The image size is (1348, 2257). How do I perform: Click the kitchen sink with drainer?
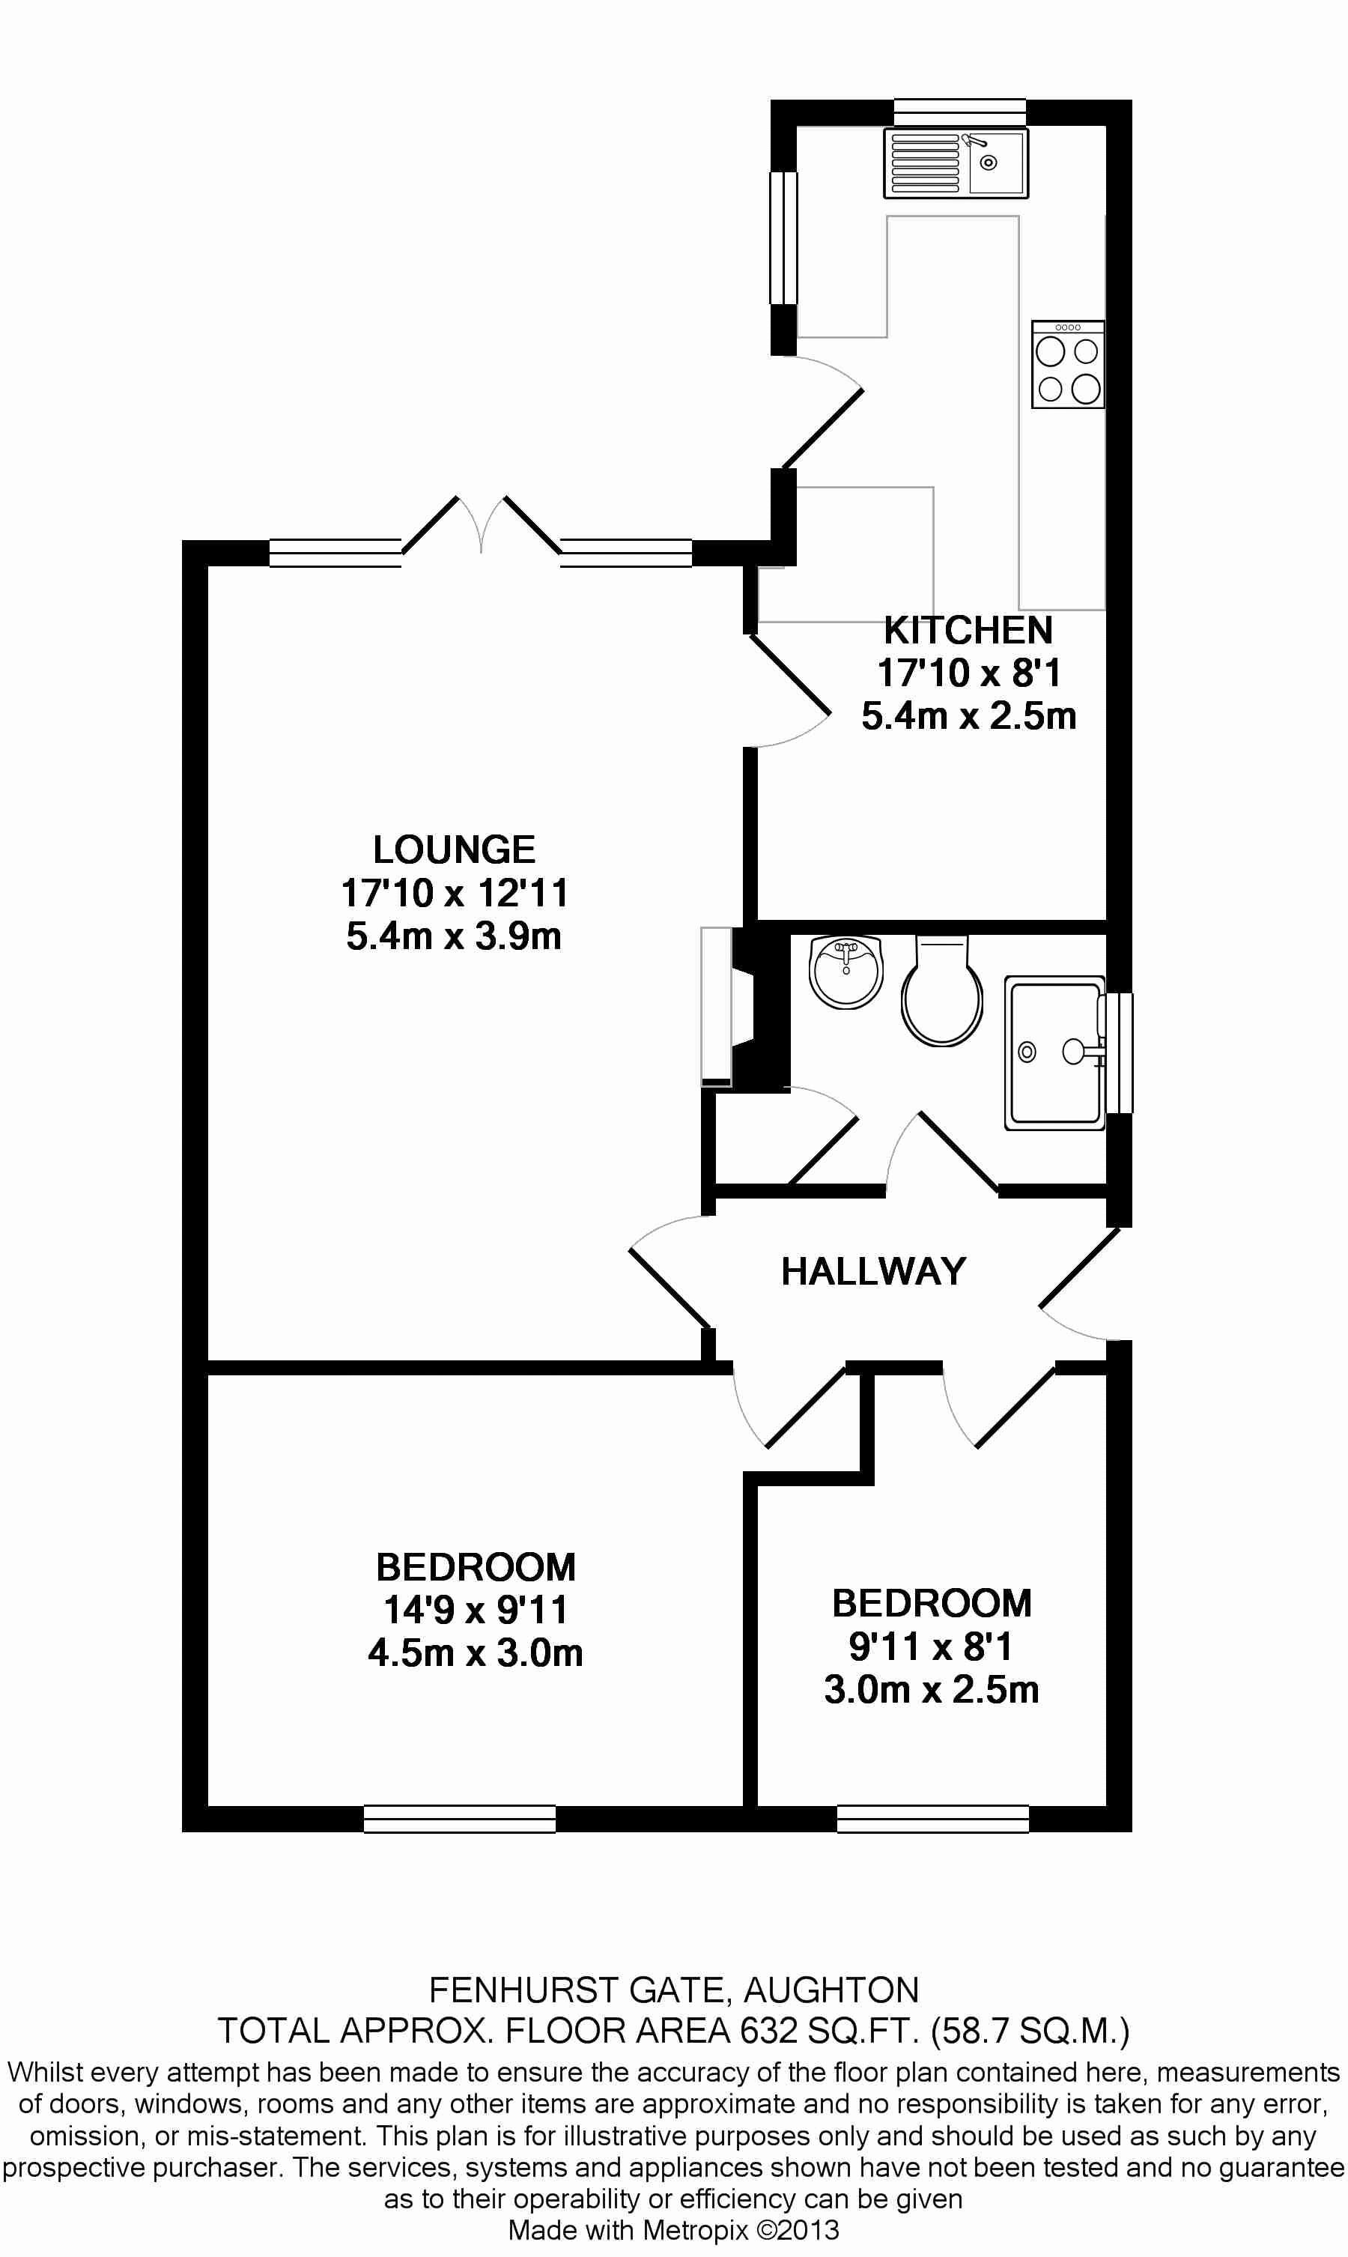(x=956, y=163)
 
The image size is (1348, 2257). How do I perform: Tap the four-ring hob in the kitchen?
(x=1068, y=364)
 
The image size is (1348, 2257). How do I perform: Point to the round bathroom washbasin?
(x=845, y=972)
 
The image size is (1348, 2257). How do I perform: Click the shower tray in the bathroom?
(x=1054, y=1053)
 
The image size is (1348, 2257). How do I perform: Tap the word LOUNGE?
(x=454, y=849)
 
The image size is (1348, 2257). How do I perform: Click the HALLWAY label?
(x=873, y=1271)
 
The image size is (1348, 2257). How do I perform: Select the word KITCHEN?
(x=968, y=630)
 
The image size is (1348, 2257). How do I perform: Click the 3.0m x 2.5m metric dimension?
(x=931, y=1690)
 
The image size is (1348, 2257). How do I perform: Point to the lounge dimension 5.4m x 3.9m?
(x=454, y=936)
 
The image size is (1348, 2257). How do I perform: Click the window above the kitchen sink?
(x=960, y=112)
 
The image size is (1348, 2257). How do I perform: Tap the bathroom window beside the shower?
(x=1119, y=1053)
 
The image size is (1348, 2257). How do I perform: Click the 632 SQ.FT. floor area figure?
(x=831, y=2030)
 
